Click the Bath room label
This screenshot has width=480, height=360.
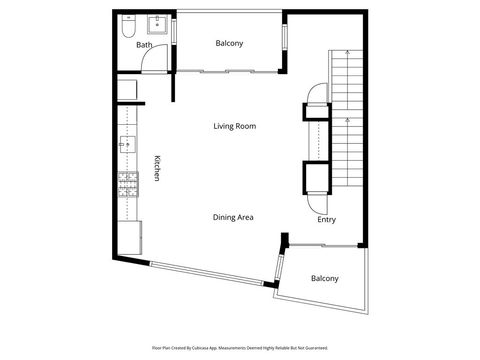pos(144,45)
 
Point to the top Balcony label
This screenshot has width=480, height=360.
pos(229,43)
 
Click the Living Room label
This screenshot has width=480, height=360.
pos(235,126)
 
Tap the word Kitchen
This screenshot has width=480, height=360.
pos(156,167)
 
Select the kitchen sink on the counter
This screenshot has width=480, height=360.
pos(126,146)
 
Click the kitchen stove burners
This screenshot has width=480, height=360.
pos(127,182)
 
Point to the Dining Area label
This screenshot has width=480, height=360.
pos(232,217)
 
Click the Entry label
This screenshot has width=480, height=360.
pos(326,220)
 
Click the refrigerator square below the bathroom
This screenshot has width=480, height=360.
pos(128,90)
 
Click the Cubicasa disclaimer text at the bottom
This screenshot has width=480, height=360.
pos(240,348)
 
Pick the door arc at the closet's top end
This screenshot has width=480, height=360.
pos(316,95)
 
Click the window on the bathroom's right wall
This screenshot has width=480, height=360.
pos(174,29)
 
